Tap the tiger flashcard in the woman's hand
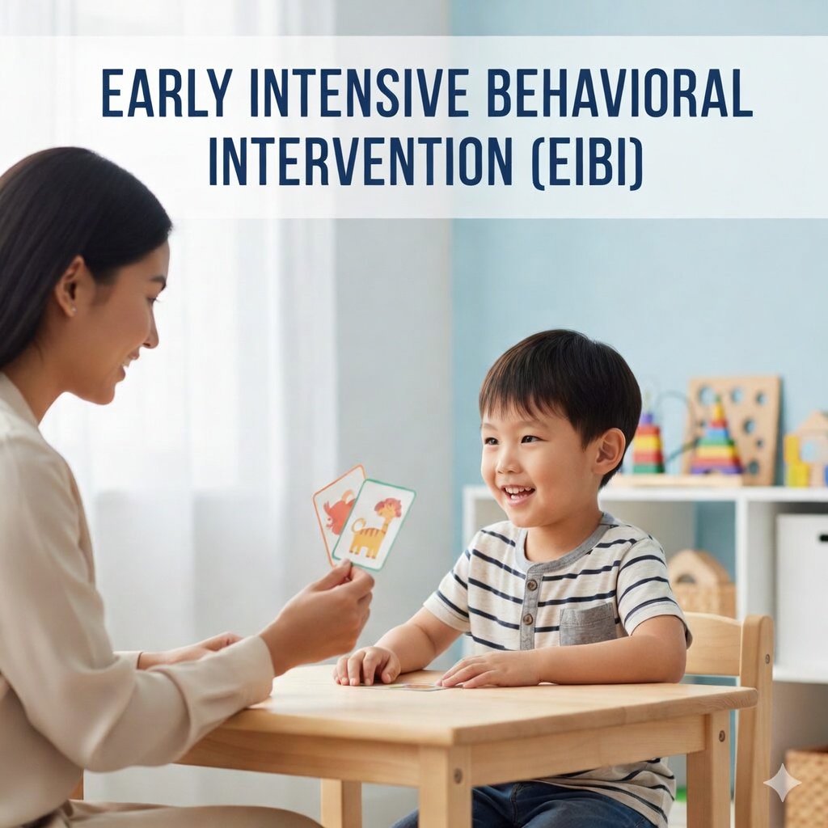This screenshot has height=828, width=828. point(374,524)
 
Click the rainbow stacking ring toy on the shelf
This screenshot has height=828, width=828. point(716,441)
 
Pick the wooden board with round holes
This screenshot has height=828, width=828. point(734,428)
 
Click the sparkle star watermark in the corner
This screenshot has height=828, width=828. point(783,783)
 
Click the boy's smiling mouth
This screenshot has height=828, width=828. point(517,495)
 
